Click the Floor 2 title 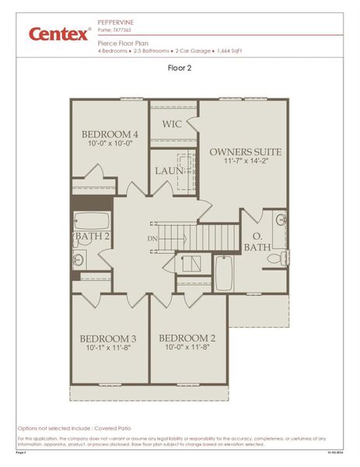(180, 68)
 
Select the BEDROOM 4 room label (110, 135)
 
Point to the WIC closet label (172, 125)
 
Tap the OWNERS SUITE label (245, 152)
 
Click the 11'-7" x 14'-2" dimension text (245, 163)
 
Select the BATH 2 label (92, 237)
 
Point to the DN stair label (152, 239)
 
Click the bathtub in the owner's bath (223, 272)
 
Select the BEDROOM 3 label (109, 339)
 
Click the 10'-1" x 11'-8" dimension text (109, 349)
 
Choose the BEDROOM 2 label (187, 339)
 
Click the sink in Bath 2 (78, 259)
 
